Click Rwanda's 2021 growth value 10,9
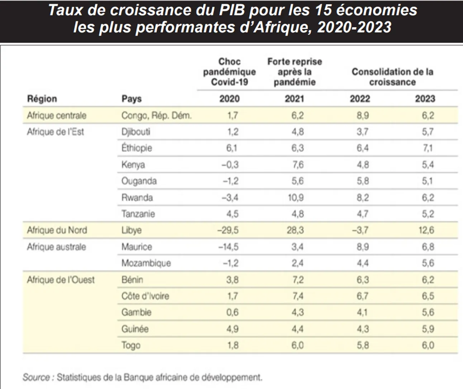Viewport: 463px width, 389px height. (x=296, y=197)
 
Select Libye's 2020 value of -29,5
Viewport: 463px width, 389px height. (x=228, y=230)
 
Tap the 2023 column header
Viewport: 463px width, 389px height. (x=425, y=99)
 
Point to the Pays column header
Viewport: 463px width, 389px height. (x=132, y=99)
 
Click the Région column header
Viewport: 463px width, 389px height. (x=42, y=99)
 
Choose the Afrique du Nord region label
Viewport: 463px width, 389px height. (x=57, y=230)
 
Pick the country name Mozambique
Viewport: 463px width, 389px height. (x=146, y=263)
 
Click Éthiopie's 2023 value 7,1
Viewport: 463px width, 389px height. (x=428, y=148)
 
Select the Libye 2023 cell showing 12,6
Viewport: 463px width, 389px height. (x=426, y=230)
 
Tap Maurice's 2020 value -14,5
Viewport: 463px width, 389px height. (x=228, y=247)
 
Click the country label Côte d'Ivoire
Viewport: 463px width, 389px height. (x=145, y=296)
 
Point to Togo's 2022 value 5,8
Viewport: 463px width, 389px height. (x=363, y=345)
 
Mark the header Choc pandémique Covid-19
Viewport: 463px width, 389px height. (x=229, y=72)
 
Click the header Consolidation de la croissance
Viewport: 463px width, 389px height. (x=392, y=77)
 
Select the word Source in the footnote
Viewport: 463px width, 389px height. (x=36, y=378)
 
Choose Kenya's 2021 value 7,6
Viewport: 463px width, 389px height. (x=297, y=165)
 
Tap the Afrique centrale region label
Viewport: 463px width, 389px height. (x=57, y=116)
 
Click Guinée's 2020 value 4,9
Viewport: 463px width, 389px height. (x=232, y=329)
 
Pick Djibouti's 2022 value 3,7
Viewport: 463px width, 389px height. (x=362, y=132)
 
